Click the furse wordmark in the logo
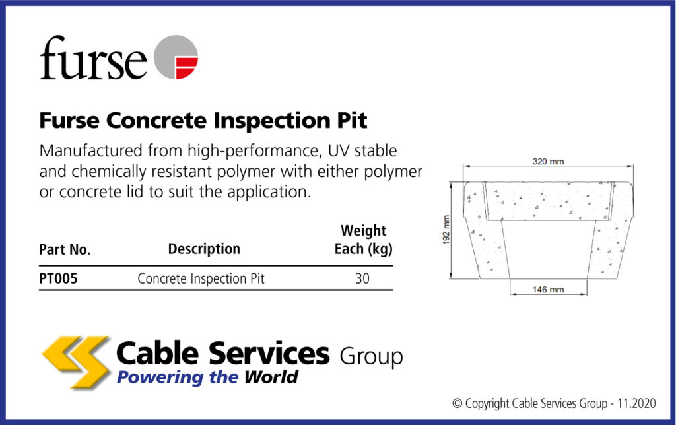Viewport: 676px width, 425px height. coord(92,58)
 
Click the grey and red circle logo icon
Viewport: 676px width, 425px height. coord(176,57)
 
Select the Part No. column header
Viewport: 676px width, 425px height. coord(65,250)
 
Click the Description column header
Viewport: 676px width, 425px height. coord(204,249)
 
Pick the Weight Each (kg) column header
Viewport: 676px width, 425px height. coord(363,240)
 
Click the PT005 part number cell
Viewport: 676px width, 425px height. coord(58,278)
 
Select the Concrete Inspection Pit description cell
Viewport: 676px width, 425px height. coord(201,278)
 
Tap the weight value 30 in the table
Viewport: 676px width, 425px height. coord(362,278)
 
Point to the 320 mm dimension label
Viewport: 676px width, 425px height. coord(548,162)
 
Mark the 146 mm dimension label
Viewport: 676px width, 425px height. coord(548,290)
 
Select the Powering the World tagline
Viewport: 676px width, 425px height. coord(207,377)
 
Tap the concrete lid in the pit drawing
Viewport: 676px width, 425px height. coord(548,201)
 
